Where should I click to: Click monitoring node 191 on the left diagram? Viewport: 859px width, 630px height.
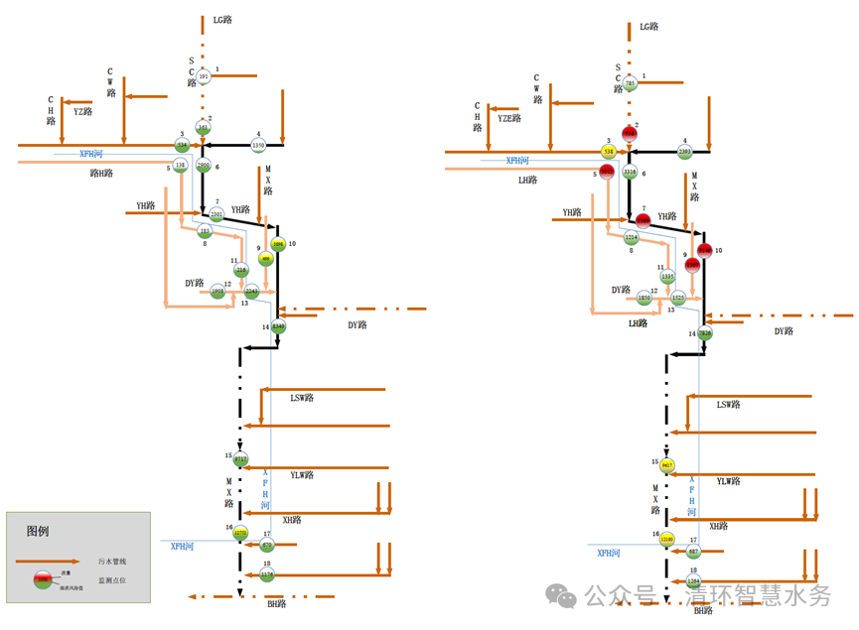coord(204,76)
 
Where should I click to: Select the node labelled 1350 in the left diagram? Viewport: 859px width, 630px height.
coord(258,146)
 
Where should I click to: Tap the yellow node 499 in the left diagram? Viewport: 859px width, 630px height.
coord(266,258)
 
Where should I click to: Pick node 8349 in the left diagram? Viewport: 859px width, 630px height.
coord(278,325)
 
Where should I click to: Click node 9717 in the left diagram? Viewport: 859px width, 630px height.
coord(240,459)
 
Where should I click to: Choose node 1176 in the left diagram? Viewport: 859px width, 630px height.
coord(266,574)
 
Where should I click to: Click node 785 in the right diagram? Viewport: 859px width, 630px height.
coord(630,84)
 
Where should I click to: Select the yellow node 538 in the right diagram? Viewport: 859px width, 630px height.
coord(608,152)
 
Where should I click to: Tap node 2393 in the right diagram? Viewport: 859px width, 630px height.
coord(684,152)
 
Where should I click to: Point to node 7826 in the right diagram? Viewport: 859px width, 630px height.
coord(705,333)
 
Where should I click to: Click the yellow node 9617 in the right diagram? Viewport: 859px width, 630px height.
coord(667,464)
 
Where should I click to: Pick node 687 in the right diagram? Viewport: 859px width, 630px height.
coord(693,552)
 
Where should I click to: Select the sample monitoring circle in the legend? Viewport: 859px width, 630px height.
coord(42,579)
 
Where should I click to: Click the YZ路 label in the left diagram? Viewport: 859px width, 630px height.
coord(82,112)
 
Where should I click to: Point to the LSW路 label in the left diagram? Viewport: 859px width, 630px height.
coord(302,398)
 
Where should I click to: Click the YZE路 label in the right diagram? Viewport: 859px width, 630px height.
coord(509,118)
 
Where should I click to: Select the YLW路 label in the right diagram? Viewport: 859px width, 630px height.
coord(729,481)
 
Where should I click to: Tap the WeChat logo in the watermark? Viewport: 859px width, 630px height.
coord(564,595)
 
